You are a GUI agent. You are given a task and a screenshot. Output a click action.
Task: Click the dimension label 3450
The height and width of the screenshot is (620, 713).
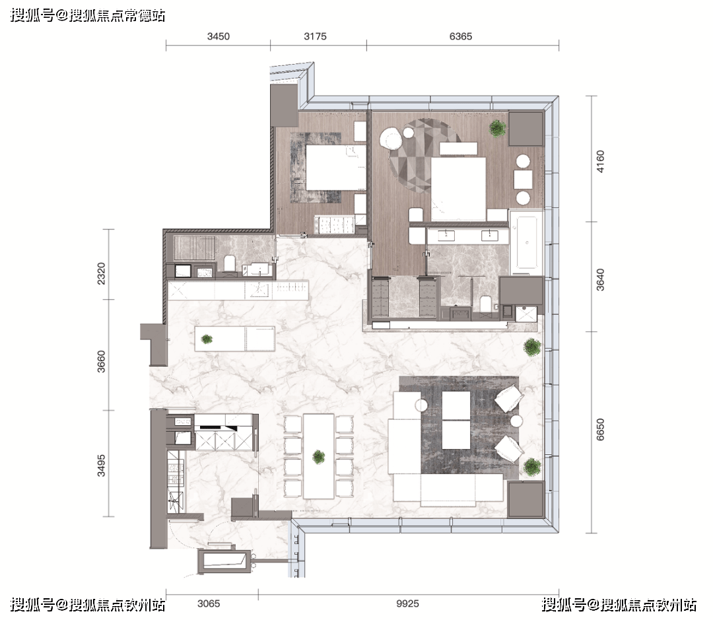[x=219, y=36]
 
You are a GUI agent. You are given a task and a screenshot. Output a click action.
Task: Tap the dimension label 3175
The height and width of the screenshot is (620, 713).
[x=315, y=36]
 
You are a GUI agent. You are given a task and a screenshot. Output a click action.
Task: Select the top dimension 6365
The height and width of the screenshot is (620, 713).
[x=461, y=36]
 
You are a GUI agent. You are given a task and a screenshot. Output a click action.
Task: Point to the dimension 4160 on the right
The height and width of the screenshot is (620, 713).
[x=600, y=162]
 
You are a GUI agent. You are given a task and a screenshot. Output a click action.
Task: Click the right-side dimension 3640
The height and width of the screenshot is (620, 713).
[x=600, y=280]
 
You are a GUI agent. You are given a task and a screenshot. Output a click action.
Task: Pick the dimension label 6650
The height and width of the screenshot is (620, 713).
[x=600, y=429]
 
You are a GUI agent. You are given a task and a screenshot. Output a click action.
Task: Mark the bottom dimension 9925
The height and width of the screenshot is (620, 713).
[x=407, y=603]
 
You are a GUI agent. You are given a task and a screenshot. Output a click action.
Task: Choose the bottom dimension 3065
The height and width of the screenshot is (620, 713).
[x=209, y=603]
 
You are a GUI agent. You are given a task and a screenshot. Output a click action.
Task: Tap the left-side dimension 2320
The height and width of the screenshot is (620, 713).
[x=101, y=273]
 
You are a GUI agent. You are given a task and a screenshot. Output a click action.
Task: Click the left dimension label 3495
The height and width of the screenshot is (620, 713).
[x=101, y=465]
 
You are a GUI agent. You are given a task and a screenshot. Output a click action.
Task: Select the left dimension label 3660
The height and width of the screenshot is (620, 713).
[x=101, y=361]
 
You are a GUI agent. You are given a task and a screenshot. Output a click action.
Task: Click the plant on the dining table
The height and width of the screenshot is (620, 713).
[x=319, y=457]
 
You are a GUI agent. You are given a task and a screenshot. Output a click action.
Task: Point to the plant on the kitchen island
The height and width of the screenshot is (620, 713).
[x=207, y=339]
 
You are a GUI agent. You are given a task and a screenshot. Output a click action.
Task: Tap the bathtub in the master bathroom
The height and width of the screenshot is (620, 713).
[x=527, y=243]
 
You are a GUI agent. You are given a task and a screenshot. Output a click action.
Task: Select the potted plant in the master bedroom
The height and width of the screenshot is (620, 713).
[x=497, y=128]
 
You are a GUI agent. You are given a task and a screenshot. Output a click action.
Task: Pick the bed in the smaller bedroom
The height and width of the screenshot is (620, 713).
[x=335, y=167]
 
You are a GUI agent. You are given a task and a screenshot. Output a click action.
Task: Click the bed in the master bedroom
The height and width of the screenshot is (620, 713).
[x=458, y=189]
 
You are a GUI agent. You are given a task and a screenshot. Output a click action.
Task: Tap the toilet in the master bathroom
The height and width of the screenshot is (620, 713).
[x=486, y=304]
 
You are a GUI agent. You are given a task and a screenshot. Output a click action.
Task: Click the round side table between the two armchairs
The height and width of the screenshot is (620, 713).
[x=516, y=421]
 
